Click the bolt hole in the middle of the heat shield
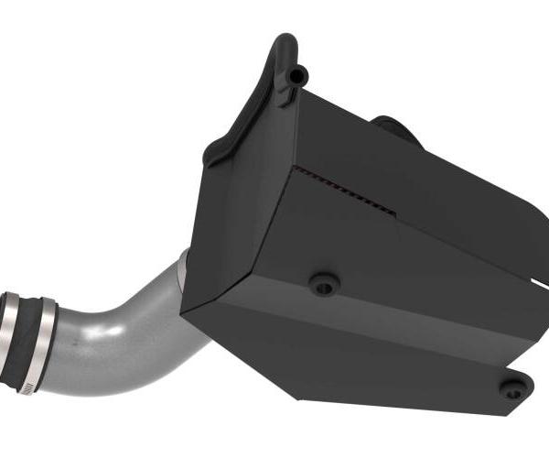point(322,285)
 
